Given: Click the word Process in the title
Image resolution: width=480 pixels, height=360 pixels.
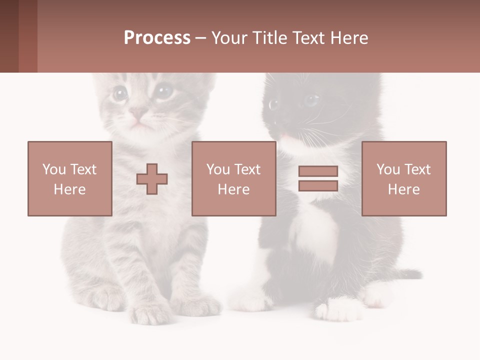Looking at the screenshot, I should tap(157, 38).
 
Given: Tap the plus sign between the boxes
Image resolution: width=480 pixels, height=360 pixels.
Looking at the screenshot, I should tap(152, 179).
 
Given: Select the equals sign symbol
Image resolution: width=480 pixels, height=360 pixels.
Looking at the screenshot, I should tap(318, 178).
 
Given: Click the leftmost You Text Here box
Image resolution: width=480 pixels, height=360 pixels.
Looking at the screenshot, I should tap(70, 178).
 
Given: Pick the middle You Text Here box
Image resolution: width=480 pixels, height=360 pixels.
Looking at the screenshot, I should tap(233, 178).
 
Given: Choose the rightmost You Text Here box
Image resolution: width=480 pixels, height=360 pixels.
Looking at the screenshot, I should tap(404, 178).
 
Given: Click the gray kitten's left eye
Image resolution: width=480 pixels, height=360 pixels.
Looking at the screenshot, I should tap(119, 93).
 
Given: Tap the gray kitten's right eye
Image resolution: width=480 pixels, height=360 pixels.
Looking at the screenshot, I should tap(162, 91).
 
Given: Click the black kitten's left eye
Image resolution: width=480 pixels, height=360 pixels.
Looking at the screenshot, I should tap(274, 104).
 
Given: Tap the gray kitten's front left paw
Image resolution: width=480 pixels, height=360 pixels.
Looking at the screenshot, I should tap(150, 312).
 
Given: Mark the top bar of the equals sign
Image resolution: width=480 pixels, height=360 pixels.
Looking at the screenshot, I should tap(318, 171).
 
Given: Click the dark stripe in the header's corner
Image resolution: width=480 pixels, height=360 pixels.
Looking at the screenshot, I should tap(9, 36).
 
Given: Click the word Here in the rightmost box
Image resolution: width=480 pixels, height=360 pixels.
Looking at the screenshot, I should tap(404, 189).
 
